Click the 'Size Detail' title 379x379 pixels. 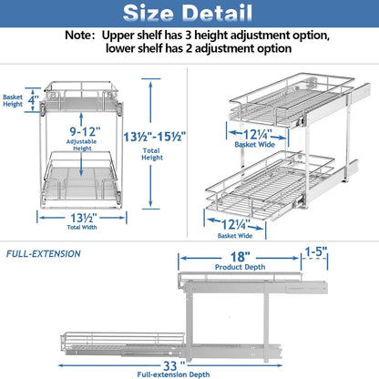[x=189, y=15]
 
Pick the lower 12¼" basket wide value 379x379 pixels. [x=236, y=222]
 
